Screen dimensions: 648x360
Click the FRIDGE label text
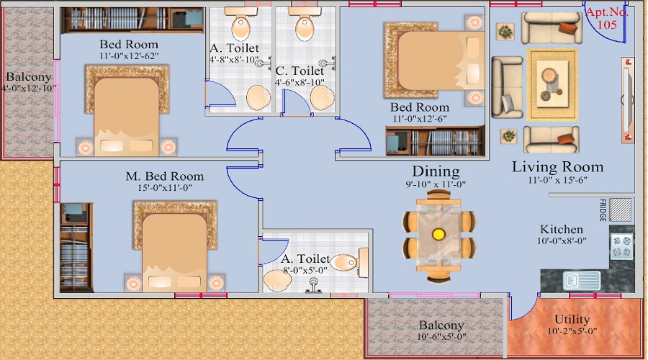(603, 210)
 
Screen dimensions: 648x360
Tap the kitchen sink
(582, 281)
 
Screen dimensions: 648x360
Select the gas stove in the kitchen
(622, 247)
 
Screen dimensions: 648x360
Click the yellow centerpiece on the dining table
(438, 234)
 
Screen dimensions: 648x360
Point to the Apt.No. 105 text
(607, 18)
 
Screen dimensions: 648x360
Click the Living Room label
(557, 167)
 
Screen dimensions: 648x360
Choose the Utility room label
(572, 320)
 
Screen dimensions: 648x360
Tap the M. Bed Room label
(164, 176)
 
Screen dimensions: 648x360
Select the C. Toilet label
(300, 71)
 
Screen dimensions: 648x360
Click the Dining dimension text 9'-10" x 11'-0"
(436, 184)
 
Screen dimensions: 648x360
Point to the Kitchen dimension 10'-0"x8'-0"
(562, 241)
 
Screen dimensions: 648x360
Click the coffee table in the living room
(552, 84)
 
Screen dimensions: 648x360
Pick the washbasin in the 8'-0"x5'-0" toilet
(277, 280)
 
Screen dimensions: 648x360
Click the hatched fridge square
(621, 210)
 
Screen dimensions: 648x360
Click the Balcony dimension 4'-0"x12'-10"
(29, 88)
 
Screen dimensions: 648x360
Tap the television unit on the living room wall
(628, 100)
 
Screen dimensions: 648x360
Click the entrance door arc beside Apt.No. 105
(604, 24)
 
